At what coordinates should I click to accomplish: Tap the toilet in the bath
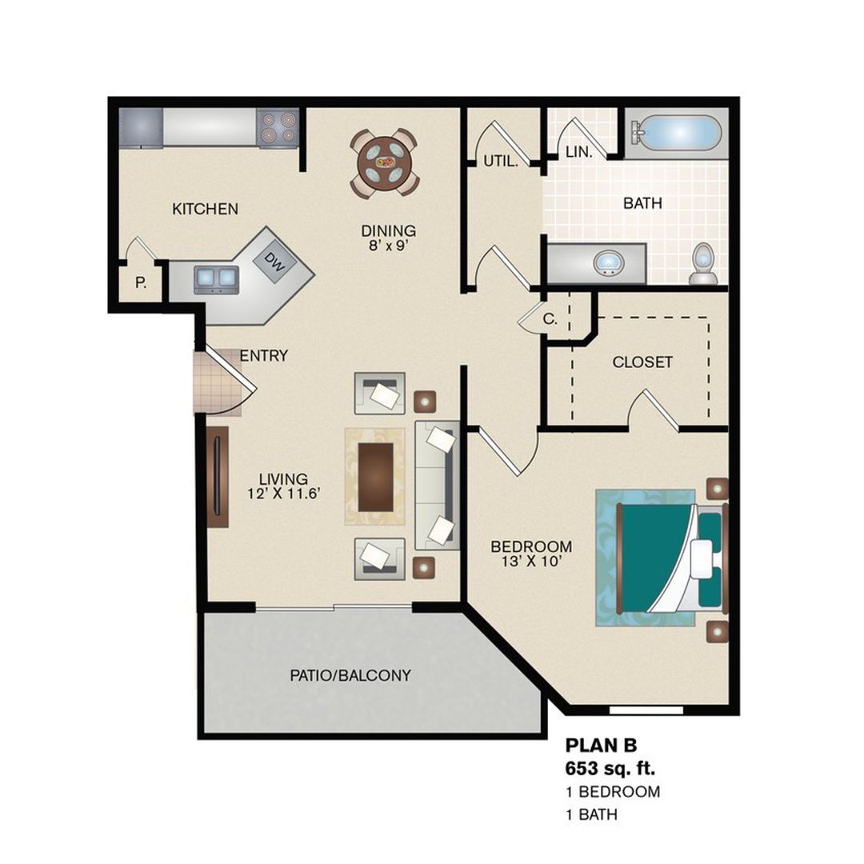tap(703, 263)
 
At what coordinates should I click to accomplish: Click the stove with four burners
tap(278, 127)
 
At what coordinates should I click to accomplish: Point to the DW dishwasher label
tap(274, 262)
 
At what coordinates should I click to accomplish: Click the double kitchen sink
tap(216, 279)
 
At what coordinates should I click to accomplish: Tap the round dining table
tap(385, 162)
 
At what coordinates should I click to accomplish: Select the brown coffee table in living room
tap(376, 477)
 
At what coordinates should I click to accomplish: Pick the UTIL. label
tap(501, 161)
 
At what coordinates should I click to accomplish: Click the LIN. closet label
tap(579, 151)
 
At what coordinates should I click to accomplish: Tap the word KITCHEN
tap(205, 209)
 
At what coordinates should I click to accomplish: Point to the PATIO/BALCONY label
tap(350, 675)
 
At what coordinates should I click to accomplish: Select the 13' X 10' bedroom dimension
tap(531, 562)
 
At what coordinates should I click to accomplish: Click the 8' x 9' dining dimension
tap(388, 246)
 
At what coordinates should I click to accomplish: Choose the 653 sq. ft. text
tap(610, 767)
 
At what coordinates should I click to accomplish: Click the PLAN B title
tap(601, 745)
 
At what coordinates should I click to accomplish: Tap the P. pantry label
tap(141, 283)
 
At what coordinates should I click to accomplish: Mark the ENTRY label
tap(264, 356)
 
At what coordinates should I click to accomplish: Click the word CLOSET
tap(642, 362)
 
